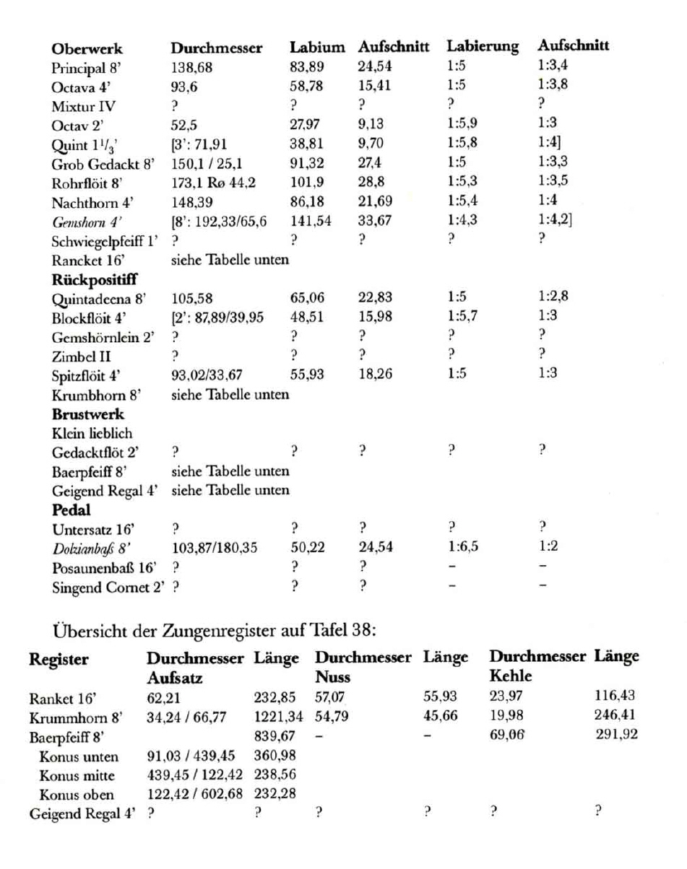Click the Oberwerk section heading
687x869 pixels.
pyautogui.click(x=87, y=49)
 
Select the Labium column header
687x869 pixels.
pyautogui.click(x=317, y=48)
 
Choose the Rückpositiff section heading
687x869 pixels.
pyautogui.click(x=95, y=278)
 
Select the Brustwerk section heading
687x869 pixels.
pyautogui.click(x=88, y=414)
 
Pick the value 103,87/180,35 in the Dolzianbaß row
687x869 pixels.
pyautogui.click(x=214, y=549)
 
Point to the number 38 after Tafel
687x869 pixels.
pyautogui.click(x=362, y=629)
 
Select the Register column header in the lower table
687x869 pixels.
pyautogui.click(x=59, y=658)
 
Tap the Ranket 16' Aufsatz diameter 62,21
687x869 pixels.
pyautogui.click(x=162, y=697)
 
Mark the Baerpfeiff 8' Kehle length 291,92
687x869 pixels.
pyautogui.click(x=616, y=737)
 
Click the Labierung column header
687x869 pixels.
pyautogui.click(x=483, y=47)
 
